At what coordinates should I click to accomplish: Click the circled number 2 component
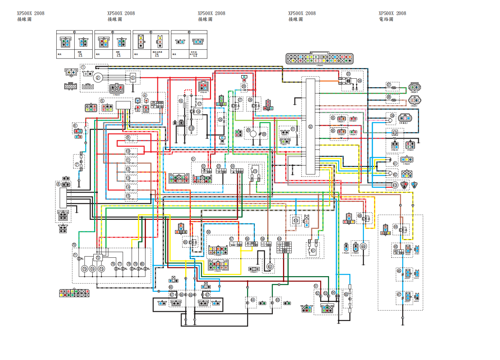98,78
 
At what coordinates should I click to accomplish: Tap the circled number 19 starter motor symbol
191,128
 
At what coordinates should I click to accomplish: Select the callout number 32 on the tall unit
310,126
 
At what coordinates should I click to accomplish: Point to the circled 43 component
394,185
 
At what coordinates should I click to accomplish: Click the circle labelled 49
363,246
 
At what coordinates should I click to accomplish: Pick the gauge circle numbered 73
85,269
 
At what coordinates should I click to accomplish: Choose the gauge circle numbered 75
101,269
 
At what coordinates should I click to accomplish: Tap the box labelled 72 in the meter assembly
98,258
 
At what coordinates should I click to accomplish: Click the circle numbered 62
270,266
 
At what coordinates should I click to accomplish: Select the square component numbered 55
296,221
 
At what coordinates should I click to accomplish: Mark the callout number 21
193,159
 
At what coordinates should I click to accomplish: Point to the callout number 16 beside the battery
181,101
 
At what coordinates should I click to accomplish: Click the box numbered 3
133,78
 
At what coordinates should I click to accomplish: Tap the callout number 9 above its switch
128,137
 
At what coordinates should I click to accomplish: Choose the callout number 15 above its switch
128,196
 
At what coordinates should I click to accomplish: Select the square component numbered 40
394,133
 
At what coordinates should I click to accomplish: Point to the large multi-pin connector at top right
319,58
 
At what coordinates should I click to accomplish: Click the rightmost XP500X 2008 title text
392,13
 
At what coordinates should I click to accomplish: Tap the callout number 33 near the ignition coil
348,74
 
